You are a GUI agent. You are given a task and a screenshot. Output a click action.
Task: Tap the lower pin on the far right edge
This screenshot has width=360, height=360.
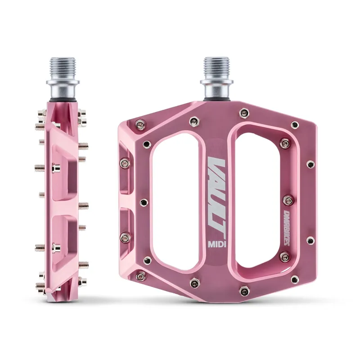[310, 240]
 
